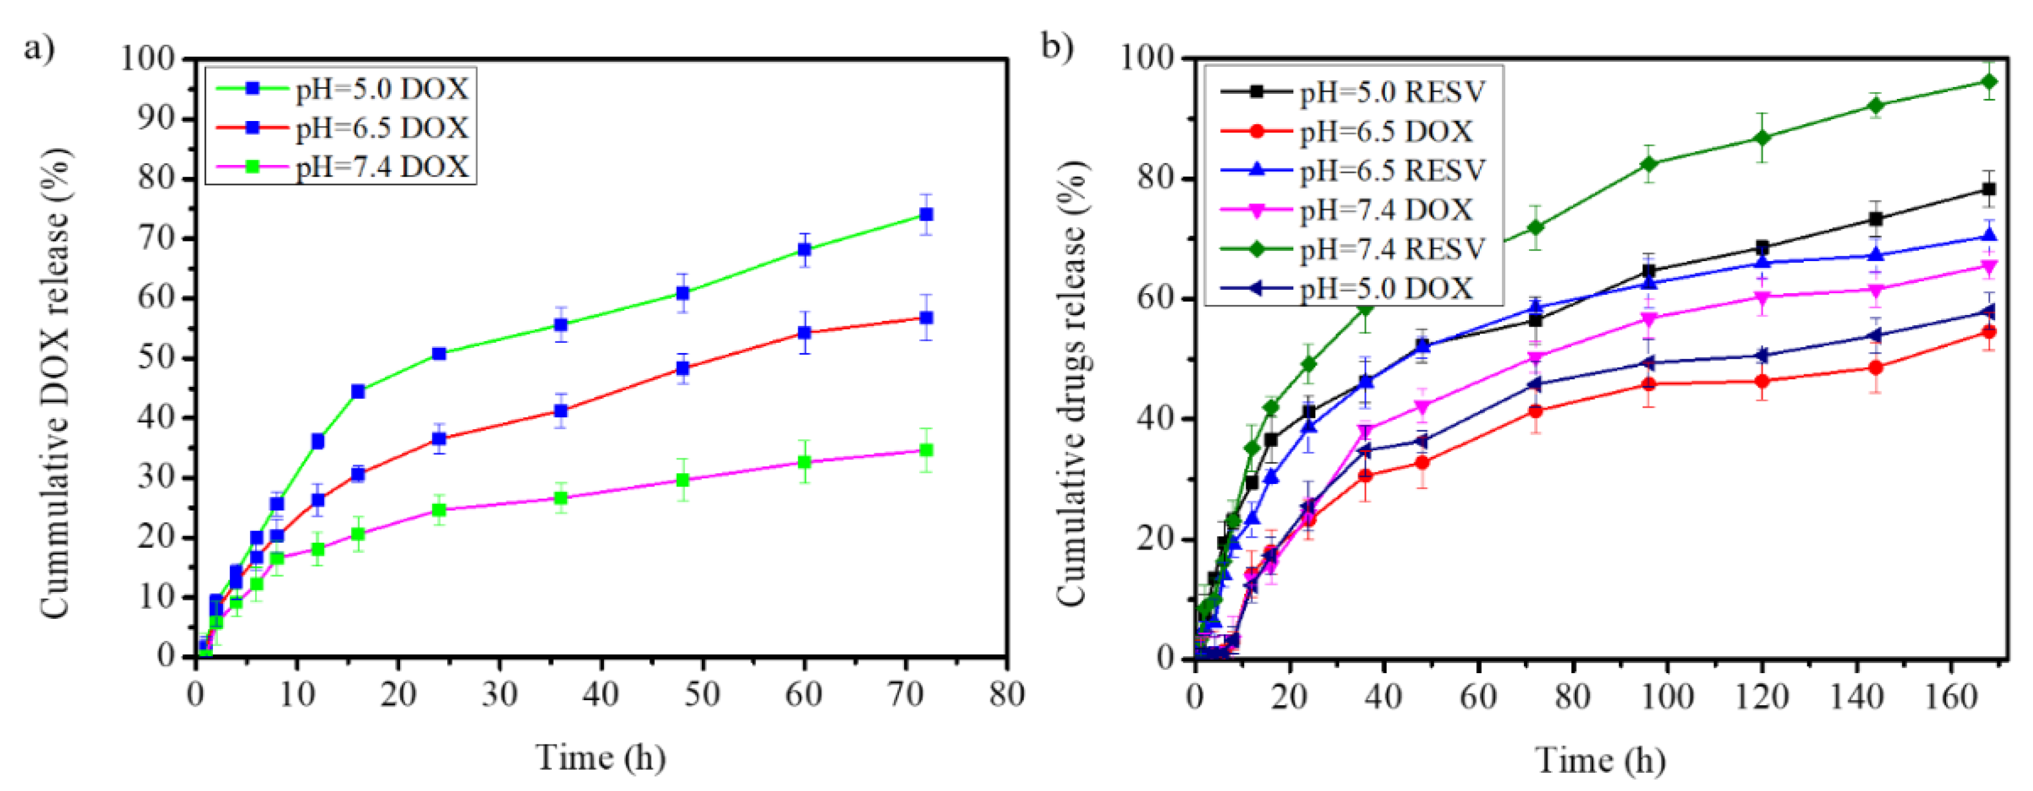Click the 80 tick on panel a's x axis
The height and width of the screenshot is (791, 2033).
(x=1007, y=695)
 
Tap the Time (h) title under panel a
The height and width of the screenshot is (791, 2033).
(x=600, y=758)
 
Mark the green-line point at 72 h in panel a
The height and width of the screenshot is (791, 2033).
(x=927, y=215)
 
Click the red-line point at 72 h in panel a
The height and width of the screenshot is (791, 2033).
(x=927, y=318)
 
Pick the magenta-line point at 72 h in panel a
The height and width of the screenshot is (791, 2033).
(x=927, y=450)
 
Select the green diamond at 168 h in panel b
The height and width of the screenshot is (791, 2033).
(x=1990, y=81)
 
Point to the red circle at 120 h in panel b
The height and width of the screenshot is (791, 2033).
(x=1762, y=381)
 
